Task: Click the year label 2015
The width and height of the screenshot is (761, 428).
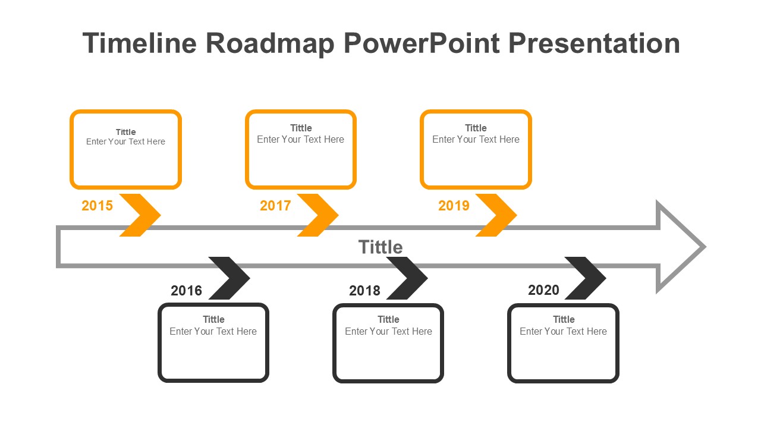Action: tap(97, 206)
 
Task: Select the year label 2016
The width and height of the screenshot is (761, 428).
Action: tap(186, 291)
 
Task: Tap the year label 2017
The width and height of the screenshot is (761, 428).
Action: tap(275, 206)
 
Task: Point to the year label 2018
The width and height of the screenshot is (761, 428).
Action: tap(364, 291)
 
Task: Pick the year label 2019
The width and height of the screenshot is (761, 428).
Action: tap(454, 206)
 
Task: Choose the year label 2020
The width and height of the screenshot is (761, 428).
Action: tap(543, 290)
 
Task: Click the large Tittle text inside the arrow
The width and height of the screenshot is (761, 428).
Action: tap(380, 247)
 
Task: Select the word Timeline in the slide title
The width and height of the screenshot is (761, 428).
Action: tap(140, 44)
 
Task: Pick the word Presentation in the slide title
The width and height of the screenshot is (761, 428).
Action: tap(595, 44)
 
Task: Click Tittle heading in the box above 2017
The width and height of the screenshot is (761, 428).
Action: tap(301, 128)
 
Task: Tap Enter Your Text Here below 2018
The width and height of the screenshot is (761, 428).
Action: tap(388, 331)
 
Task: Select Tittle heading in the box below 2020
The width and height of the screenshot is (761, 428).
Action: tap(564, 319)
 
